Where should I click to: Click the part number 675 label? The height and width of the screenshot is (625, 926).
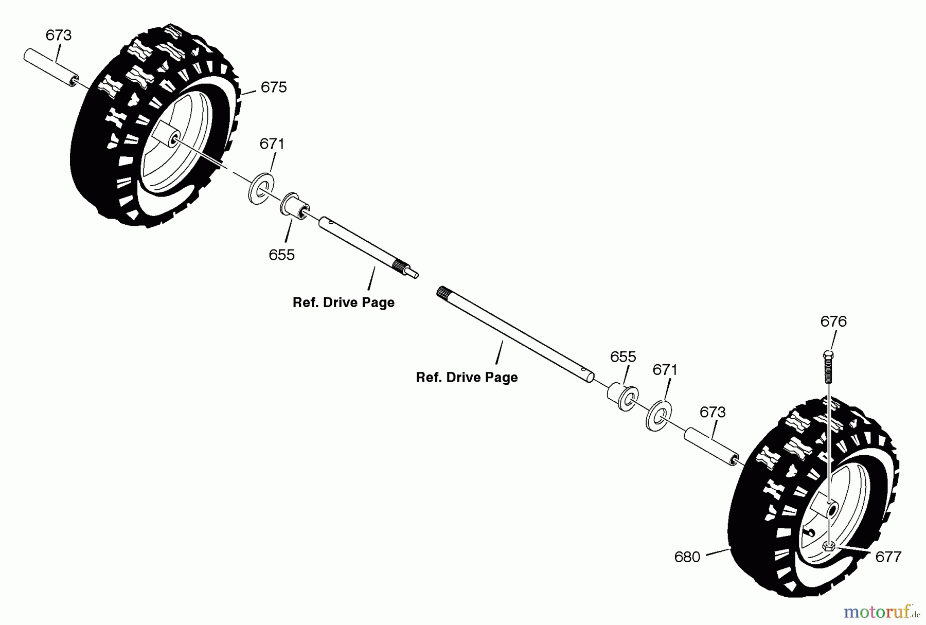(273, 87)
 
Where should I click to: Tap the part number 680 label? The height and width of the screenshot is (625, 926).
(687, 557)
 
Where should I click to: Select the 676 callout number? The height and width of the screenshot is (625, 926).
(833, 322)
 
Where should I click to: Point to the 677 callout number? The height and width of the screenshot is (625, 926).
(888, 557)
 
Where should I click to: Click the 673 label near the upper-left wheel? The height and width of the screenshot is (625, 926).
(58, 35)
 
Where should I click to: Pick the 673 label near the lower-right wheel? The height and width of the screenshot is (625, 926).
(713, 412)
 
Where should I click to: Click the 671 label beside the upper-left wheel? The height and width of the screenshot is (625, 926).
(272, 144)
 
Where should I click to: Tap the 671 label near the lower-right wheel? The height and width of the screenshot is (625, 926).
(665, 370)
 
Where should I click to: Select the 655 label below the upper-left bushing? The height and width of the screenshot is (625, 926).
(281, 255)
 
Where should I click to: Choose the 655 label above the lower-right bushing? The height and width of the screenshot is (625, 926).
(623, 357)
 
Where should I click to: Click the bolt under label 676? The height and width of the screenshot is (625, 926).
(828, 367)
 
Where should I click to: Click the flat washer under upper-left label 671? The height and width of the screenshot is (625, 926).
(261, 188)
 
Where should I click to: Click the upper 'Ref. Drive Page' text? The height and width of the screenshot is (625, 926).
(343, 302)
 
